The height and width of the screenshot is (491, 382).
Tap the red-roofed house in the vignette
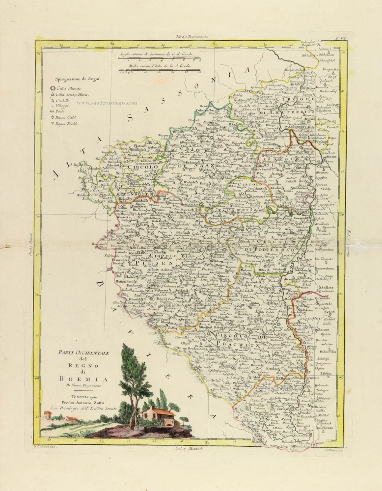click(x=158, y=418)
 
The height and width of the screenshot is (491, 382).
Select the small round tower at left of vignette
click(x=48, y=416)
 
